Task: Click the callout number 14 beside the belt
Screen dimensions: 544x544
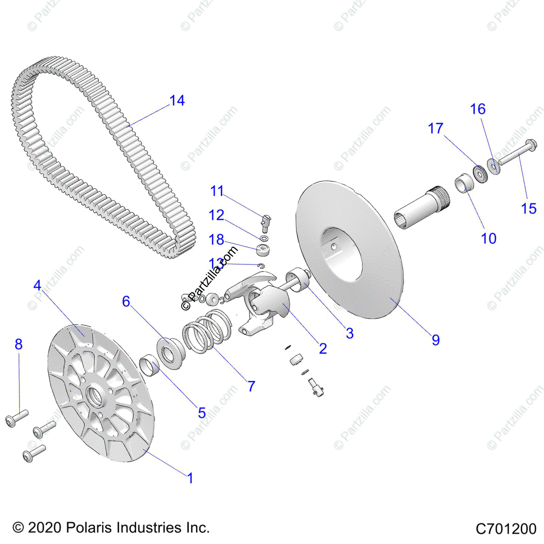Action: point(177,101)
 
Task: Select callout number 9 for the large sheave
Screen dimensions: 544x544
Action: point(435,340)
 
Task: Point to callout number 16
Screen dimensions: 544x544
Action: point(478,109)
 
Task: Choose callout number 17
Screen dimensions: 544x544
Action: point(435,129)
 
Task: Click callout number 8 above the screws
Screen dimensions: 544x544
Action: point(19,345)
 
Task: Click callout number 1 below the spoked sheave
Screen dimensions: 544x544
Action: point(190,478)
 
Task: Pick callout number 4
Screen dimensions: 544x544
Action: point(38,286)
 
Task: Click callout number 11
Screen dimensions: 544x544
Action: point(217,191)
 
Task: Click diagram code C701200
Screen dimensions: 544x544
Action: point(506,529)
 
